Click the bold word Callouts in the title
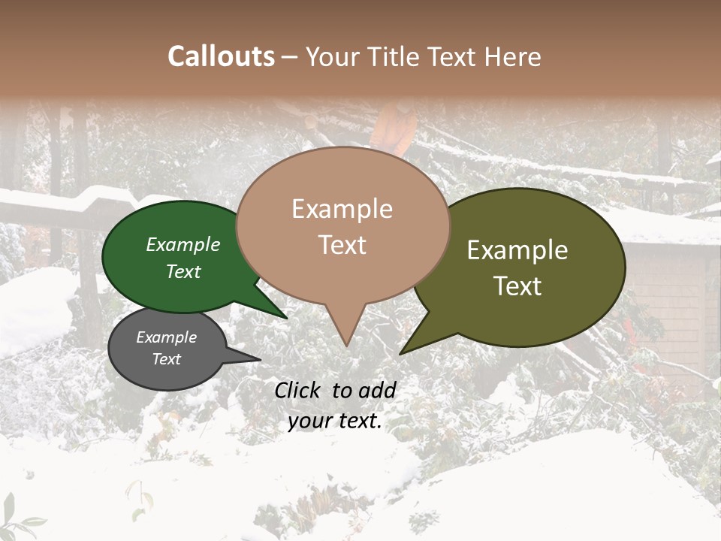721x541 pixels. coord(221,56)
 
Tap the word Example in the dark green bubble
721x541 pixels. coord(183,244)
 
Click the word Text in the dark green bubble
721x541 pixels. coord(183,271)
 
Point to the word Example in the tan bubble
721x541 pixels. coord(342,209)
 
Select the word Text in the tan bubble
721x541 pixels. coord(342,245)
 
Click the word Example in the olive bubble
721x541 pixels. coord(517,250)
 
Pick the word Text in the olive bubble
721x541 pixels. coord(517,286)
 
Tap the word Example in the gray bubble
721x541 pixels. coord(167,337)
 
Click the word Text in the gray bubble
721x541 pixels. coord(167,359)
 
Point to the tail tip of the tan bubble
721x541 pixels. coord(346,345)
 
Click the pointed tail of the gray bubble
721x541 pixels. coord(259,359)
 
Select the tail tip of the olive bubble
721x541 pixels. coord(401,352)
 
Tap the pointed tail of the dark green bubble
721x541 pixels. coord(285,317)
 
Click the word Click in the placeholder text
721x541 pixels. coord(299,390)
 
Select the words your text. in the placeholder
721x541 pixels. coord(335,421)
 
